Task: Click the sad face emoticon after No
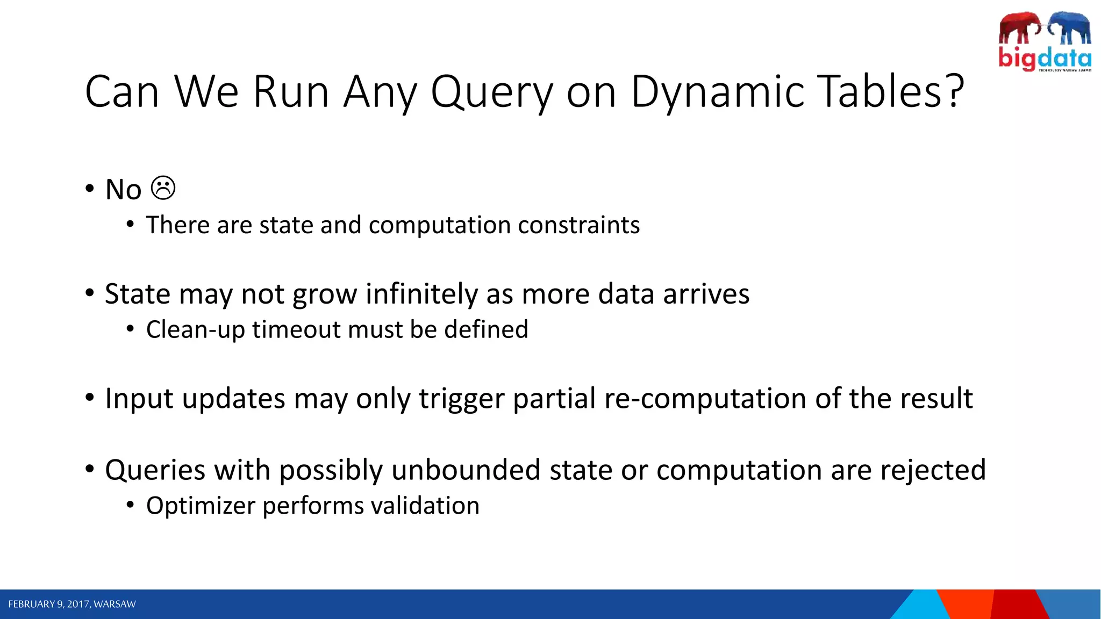(x=163, y=189)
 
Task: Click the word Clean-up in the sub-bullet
(x=195, y=329)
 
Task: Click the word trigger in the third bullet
(x=462, y=399)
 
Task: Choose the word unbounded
(x=466, y=470)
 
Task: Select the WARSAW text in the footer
(x=115, y=604)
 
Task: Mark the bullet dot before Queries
(x=90, y=469)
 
